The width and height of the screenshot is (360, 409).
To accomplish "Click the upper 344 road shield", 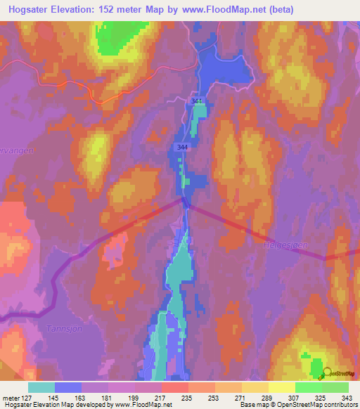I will click(x=198, y=102).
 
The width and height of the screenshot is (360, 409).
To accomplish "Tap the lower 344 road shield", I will click(x=182, y=146).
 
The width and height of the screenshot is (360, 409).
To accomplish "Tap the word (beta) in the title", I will click(x=276, y=9).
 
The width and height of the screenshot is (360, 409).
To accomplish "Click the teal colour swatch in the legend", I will click(x=41, y=387).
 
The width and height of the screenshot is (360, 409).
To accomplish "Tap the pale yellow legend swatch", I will click(x=281, y=387).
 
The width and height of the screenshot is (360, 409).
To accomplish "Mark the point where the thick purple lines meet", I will click(x=185, y=201).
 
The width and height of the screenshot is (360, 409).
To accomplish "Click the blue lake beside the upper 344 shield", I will click(x=225, y=70).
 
